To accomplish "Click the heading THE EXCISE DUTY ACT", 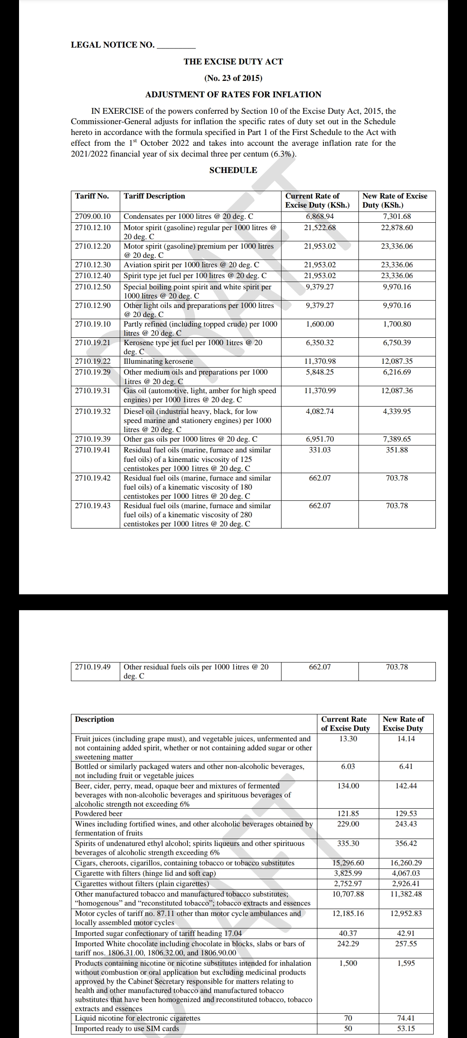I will pyautogui.click(x=233, y=61).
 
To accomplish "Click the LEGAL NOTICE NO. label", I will pyautogui.click(x=112, y=45).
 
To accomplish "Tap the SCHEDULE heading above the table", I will pyautogui.click(x=233, y=170).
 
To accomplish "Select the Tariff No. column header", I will pyautogui.click(x=92, y=196).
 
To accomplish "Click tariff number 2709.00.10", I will pyautogui.click(x=93, y=216).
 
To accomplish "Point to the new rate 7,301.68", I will pyautogui.click(x=397, y=216).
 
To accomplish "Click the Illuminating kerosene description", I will pyautogui.click(x=158, y=361).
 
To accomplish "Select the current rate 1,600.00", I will pyautogui.click(x=320, y=324).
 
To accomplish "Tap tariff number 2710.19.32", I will pyautogui.click(x=93, y=411).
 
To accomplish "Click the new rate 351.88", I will pyautogui.click(x=397, y=450).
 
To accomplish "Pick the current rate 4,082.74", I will pyautogui.click(x=320, y=411).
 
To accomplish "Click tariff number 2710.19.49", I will pyautogui.click(x=93, y=667).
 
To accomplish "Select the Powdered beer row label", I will pyautogui.click(x=99, y=814).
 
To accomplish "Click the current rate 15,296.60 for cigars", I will pyautogui.click(x=348, y=863).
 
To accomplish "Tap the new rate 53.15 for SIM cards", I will pyautogui.click(x=406, y=1028).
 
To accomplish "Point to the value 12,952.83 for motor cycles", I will pyautogui.click(x=406, y=913).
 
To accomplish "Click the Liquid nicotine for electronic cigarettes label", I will pyautogui.click(x=138, y=1018).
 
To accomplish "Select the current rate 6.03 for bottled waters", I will pyautogui.click(x=348, y=766).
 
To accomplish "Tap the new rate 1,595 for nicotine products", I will pyautogui.click(x=406, y=963).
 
